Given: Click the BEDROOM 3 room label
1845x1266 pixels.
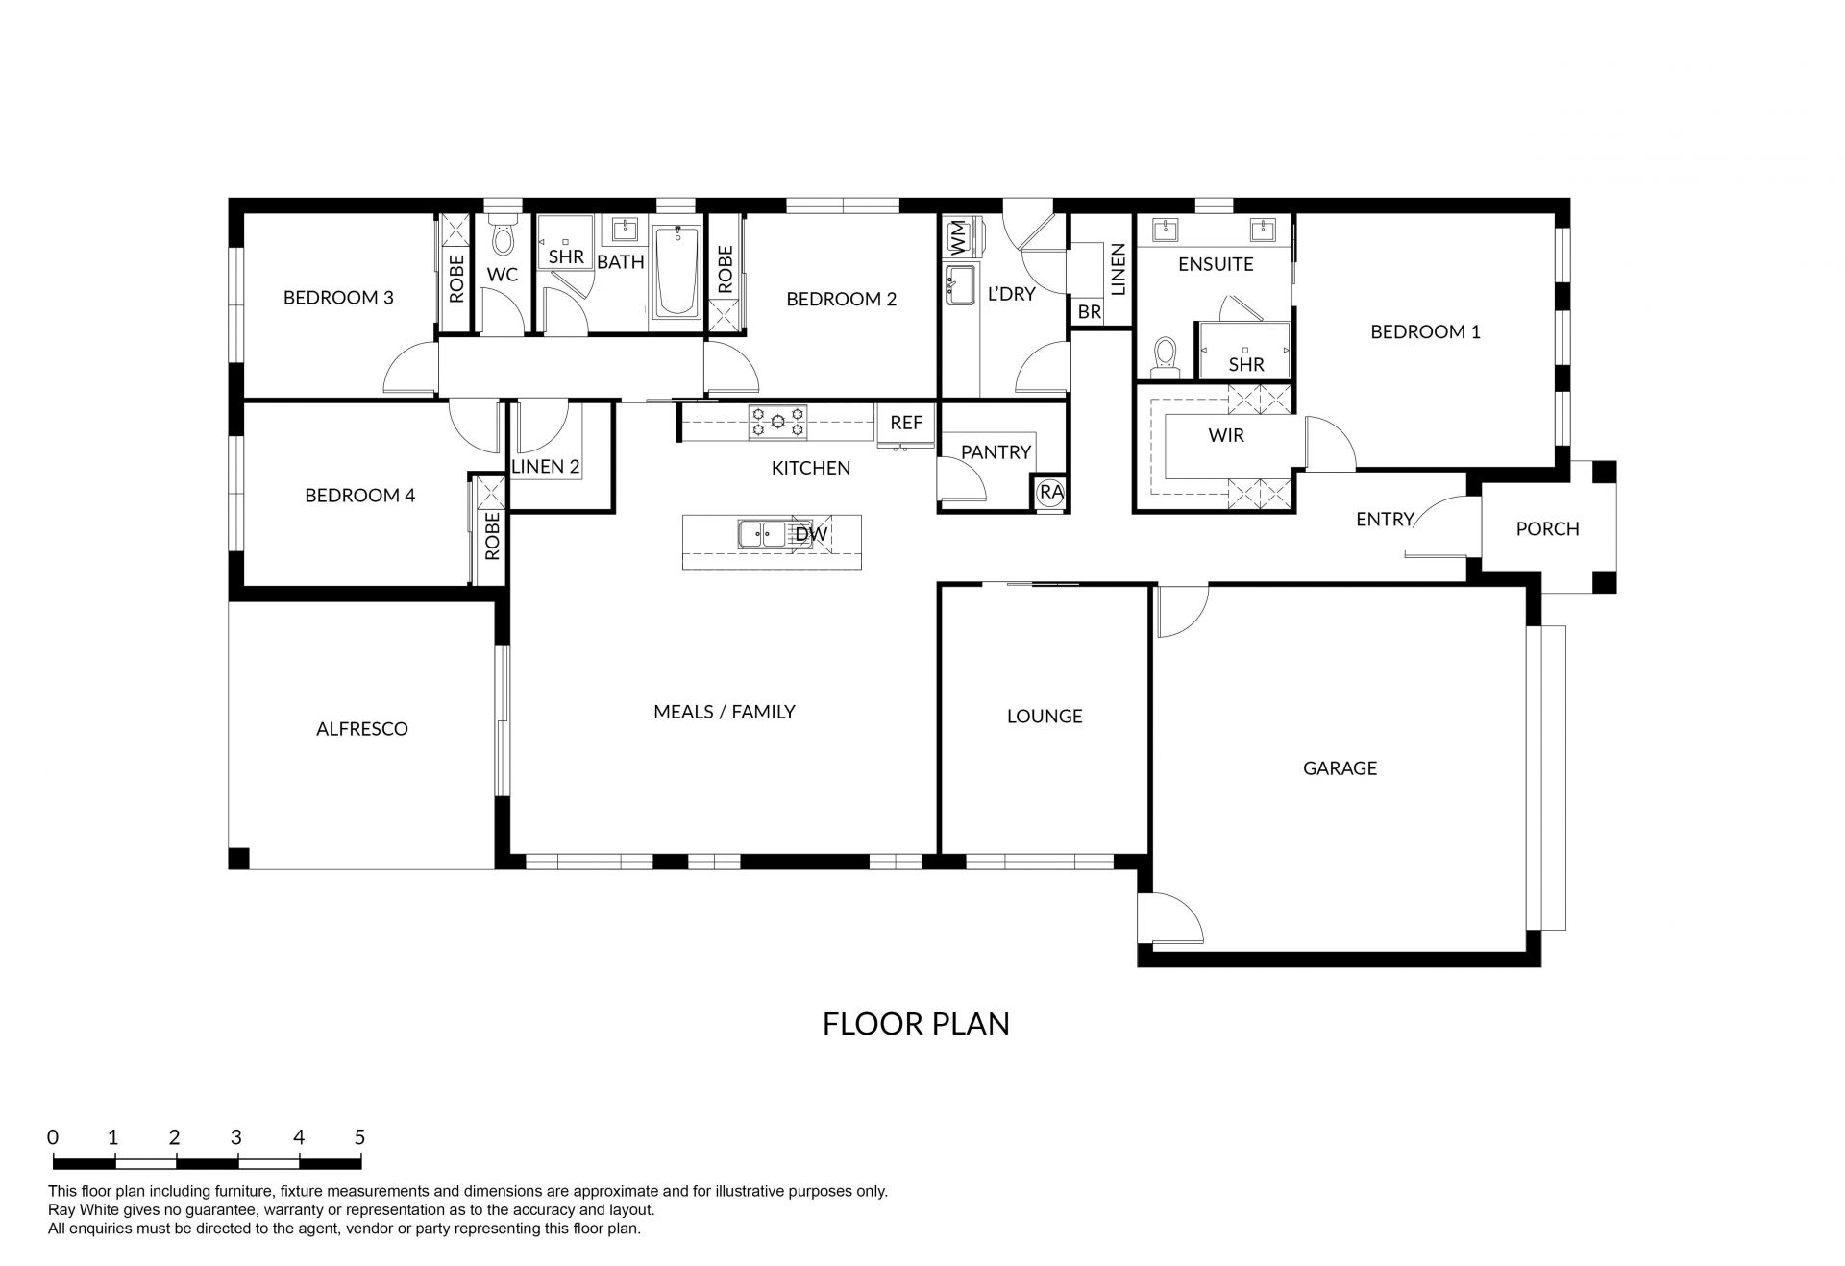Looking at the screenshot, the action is click(x=338, y=298).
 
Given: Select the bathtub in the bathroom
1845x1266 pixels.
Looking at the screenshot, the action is click(x=676, y=272).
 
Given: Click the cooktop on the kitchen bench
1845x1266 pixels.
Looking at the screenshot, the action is click(x=778, y=423).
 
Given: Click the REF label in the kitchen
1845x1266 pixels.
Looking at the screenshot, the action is click(x=906, y=423).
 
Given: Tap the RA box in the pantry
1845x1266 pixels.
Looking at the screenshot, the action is click(x=1051, y=492).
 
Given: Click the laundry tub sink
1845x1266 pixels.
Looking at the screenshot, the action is click(x=959, y=285).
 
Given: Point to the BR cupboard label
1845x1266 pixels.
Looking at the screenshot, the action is click(x=1089, y=312).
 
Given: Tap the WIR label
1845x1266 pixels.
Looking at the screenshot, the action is click(x=1226, y=435).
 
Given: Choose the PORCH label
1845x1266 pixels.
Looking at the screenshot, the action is click(x=1547, y=528).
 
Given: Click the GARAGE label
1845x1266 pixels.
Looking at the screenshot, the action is click(x=1340, y=767).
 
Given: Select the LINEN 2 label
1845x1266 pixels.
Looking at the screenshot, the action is click(x=546, y=467).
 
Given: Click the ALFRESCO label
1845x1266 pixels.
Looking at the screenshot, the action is click(x=362, y=729).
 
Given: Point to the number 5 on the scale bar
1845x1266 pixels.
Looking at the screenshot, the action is click(x=359, y=1137).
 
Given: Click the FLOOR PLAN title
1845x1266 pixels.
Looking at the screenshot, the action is click(x=916, y=1024).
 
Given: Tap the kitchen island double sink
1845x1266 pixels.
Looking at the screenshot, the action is click(x=762, y=534).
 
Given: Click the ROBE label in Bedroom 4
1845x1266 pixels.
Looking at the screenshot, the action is click(x=492, y=536).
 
